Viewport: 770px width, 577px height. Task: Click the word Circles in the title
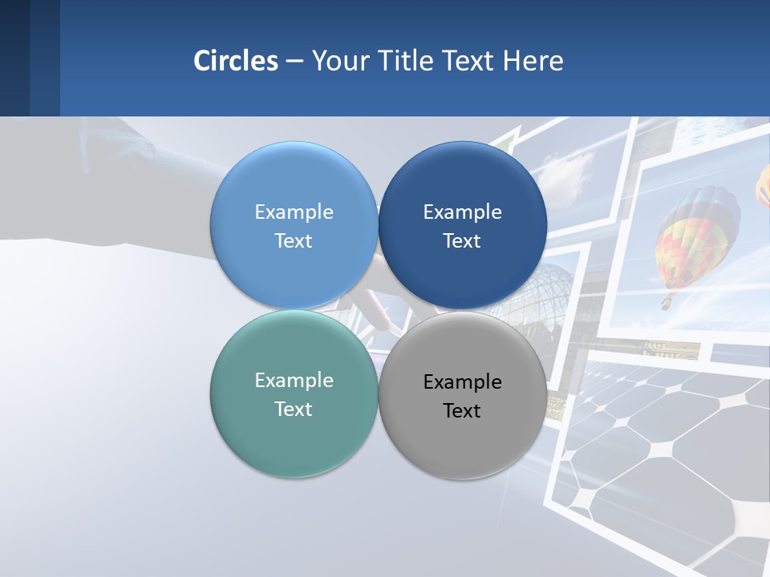[x=236, y=61]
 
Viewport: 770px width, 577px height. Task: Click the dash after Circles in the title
[x=294, y=62]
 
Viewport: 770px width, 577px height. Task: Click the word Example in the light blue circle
[x=294, y=212]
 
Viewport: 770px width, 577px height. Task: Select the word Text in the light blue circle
[x=294, y=241]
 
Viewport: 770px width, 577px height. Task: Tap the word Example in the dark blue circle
[x=462, y=212]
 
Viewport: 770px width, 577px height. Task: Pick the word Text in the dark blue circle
[x=462, y=241]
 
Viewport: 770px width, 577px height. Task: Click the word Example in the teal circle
[x=294, y=381]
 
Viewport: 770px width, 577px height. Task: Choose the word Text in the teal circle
[x=294, y=410]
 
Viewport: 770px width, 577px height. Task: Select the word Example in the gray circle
[x=462, y=382]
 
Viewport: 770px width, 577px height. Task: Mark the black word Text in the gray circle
[x=462, y=411]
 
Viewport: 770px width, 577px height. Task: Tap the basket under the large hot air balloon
[x=667, y=303]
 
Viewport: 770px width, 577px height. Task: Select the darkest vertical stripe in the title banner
[x=14, y=58]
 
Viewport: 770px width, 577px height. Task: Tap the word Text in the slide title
[x=469, y=61]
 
